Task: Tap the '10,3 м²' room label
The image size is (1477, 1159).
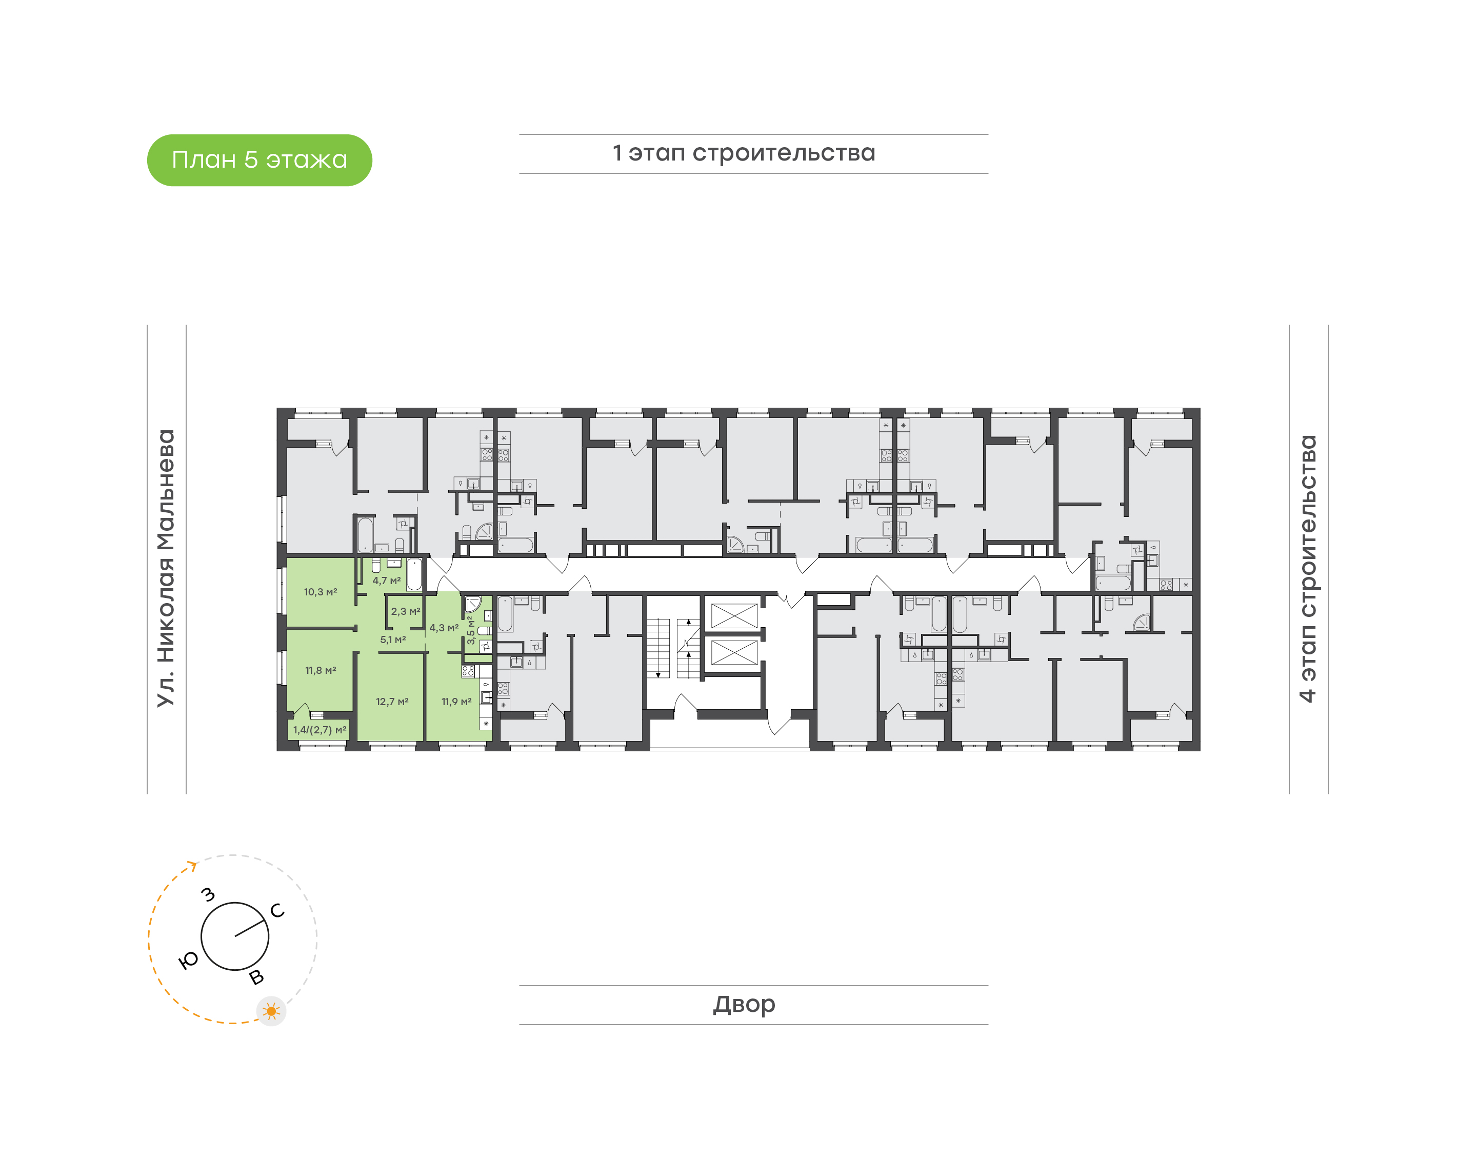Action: pyautogui.click(x=320, y=592)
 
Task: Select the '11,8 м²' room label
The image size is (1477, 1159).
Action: pyautogui.click(x=320, y=670)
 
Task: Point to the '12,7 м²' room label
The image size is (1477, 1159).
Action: pyautogui.click(x=392, y=702)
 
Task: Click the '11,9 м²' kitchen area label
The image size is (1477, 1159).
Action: pyautogui.click(x=456, y=702)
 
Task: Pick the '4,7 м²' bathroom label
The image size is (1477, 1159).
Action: pyautogui.click(x=387, y=581)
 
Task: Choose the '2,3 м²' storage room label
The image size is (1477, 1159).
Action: pyautogui.click(x=406, y=611)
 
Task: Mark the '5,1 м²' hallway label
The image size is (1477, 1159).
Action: pyautogui.click(x=393, y=640)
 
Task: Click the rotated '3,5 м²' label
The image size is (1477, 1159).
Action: pyautogui.click(x=471, y=630)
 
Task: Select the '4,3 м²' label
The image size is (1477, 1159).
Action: pyautogui.click(x=445, y=628)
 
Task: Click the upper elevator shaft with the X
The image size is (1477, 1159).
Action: pyautogui.click(x=734, y=616)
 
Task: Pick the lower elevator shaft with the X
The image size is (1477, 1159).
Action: pyautogui.click(x=734, y=653)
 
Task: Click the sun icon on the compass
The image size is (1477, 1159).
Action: pyautogui.click(x=271, y=1012)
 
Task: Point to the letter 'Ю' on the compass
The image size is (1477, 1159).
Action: pyautogui.click(x=189, y=960)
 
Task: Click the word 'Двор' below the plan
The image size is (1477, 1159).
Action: pyautogui.click(x=744, y=1004)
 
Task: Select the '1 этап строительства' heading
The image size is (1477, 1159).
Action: pyautogui.click(x=744, y=153)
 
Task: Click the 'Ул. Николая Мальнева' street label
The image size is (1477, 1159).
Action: pyautogui.click(x=166, y=569)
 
